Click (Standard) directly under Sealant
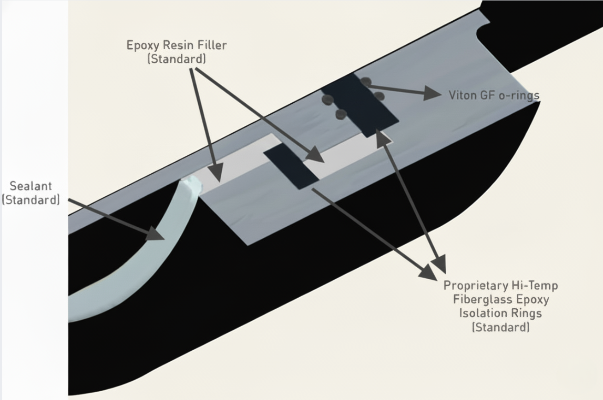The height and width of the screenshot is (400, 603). click(31, 200)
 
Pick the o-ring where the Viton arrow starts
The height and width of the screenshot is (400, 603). click(366, 82)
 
